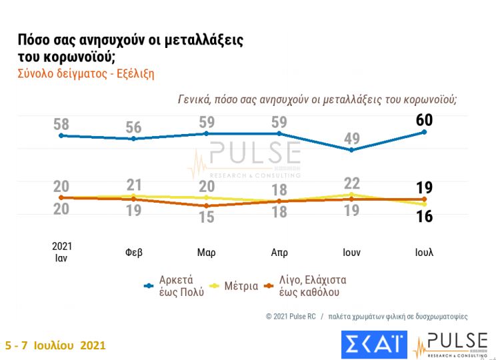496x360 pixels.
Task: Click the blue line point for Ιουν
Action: [352, 150]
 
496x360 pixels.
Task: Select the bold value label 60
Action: [425, 121]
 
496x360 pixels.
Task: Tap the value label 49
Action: [352, 139]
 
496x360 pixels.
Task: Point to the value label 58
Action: [61, 124]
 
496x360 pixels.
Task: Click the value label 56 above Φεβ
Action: [134, 127]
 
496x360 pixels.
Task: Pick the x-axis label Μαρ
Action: [206, 253]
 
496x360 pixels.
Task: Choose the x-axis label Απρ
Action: [279, 253]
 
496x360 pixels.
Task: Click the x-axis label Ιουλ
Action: [424, 253]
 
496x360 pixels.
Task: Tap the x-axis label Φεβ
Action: [134, 253]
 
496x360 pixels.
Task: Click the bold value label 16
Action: [425, 217]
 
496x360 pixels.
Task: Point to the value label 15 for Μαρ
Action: [207, 217]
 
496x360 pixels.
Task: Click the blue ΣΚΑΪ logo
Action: [373, 345]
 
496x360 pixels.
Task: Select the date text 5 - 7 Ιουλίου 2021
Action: [55, 347]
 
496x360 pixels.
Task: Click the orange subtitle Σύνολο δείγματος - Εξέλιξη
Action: [85, 74]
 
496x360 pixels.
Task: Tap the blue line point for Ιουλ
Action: [425, 132]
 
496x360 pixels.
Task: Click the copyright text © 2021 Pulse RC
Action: [290, 316]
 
